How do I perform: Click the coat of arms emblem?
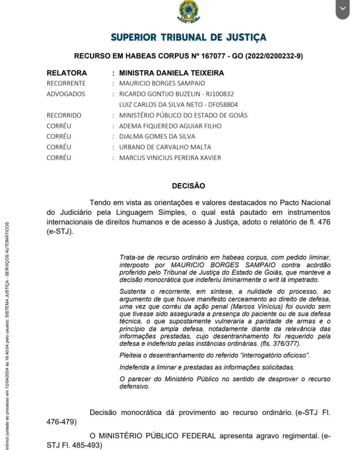[188, 12]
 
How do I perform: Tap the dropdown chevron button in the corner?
[342, 9]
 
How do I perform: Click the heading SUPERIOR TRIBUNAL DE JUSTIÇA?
[189, 37]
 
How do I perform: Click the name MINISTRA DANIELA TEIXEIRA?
[171, 73]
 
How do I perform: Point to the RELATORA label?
[67, 73]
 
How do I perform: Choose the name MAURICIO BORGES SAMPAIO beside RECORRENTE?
[162, 83]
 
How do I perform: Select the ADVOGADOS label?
[66, 94]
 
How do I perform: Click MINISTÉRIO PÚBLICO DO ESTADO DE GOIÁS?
[183, 116]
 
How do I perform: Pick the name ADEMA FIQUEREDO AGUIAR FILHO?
[171, 126]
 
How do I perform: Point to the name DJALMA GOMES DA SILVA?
[157, 137]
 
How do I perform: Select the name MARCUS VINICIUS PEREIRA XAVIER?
[170, 158]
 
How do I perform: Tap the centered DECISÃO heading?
[189, 186]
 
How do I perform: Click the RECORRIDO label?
[64, 116]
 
